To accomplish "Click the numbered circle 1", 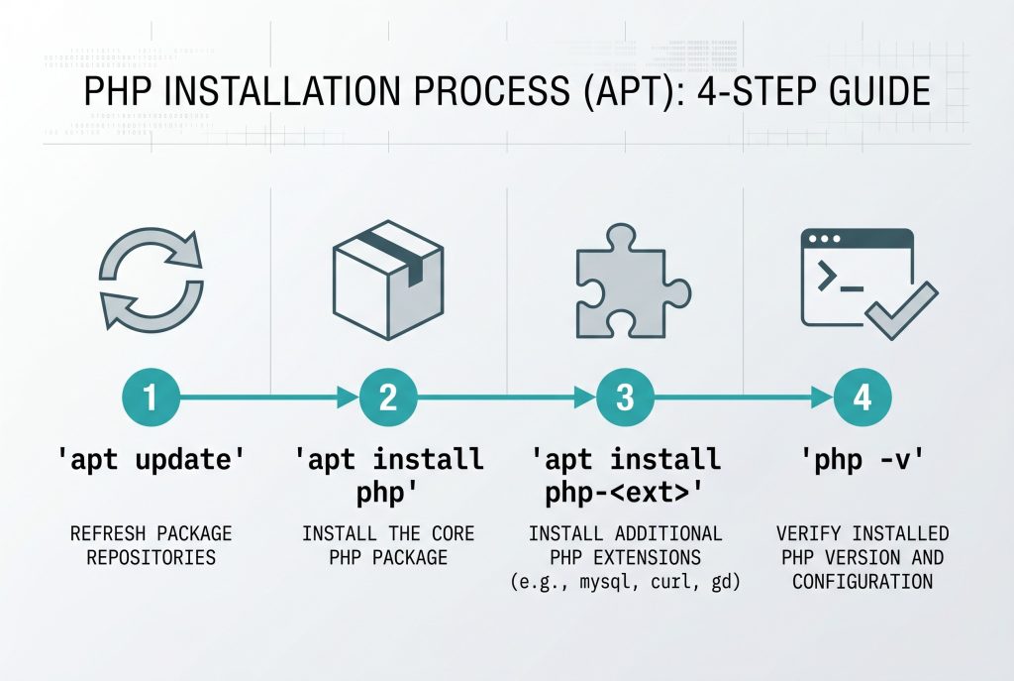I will click(151, 398).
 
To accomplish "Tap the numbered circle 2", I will click(387, 398).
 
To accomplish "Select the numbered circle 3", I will click(625, 398).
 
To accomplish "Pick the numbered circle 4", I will click(862, 398).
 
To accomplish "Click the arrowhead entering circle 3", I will click(584, 398).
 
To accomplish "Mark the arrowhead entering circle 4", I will click(822, 398).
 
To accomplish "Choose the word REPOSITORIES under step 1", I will click(151, 557).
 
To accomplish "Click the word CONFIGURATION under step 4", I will click(862, 581).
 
